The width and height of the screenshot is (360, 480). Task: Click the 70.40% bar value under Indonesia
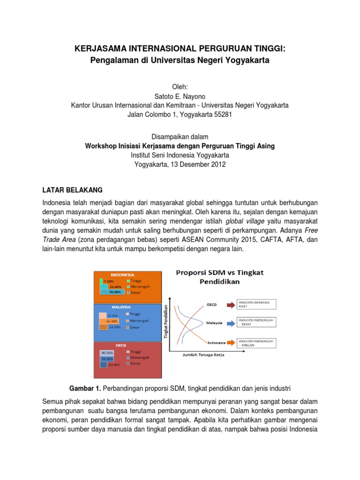tap(115, 292)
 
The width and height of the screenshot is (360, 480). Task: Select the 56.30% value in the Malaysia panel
tap(112, 321)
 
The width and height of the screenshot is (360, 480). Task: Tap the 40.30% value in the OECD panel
tap(106, 352)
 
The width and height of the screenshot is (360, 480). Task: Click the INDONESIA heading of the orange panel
tap(122, 275)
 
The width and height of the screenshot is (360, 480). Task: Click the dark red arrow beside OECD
tap(231, 304)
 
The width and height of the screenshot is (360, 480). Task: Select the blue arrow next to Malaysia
tap(231, 323)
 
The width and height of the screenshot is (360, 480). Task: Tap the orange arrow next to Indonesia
tap(231, 343)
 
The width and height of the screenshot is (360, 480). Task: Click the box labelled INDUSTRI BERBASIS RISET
tap(257, 304)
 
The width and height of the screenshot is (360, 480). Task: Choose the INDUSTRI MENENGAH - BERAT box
tap(257, 322)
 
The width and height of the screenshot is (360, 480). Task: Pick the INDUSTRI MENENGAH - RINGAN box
tap(257, 343)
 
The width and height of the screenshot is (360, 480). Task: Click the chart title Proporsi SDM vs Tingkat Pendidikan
tap(220, 277)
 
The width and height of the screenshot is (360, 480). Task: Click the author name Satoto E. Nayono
tap(180, 96)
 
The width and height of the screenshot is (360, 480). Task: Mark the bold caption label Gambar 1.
tap(85, 388)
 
